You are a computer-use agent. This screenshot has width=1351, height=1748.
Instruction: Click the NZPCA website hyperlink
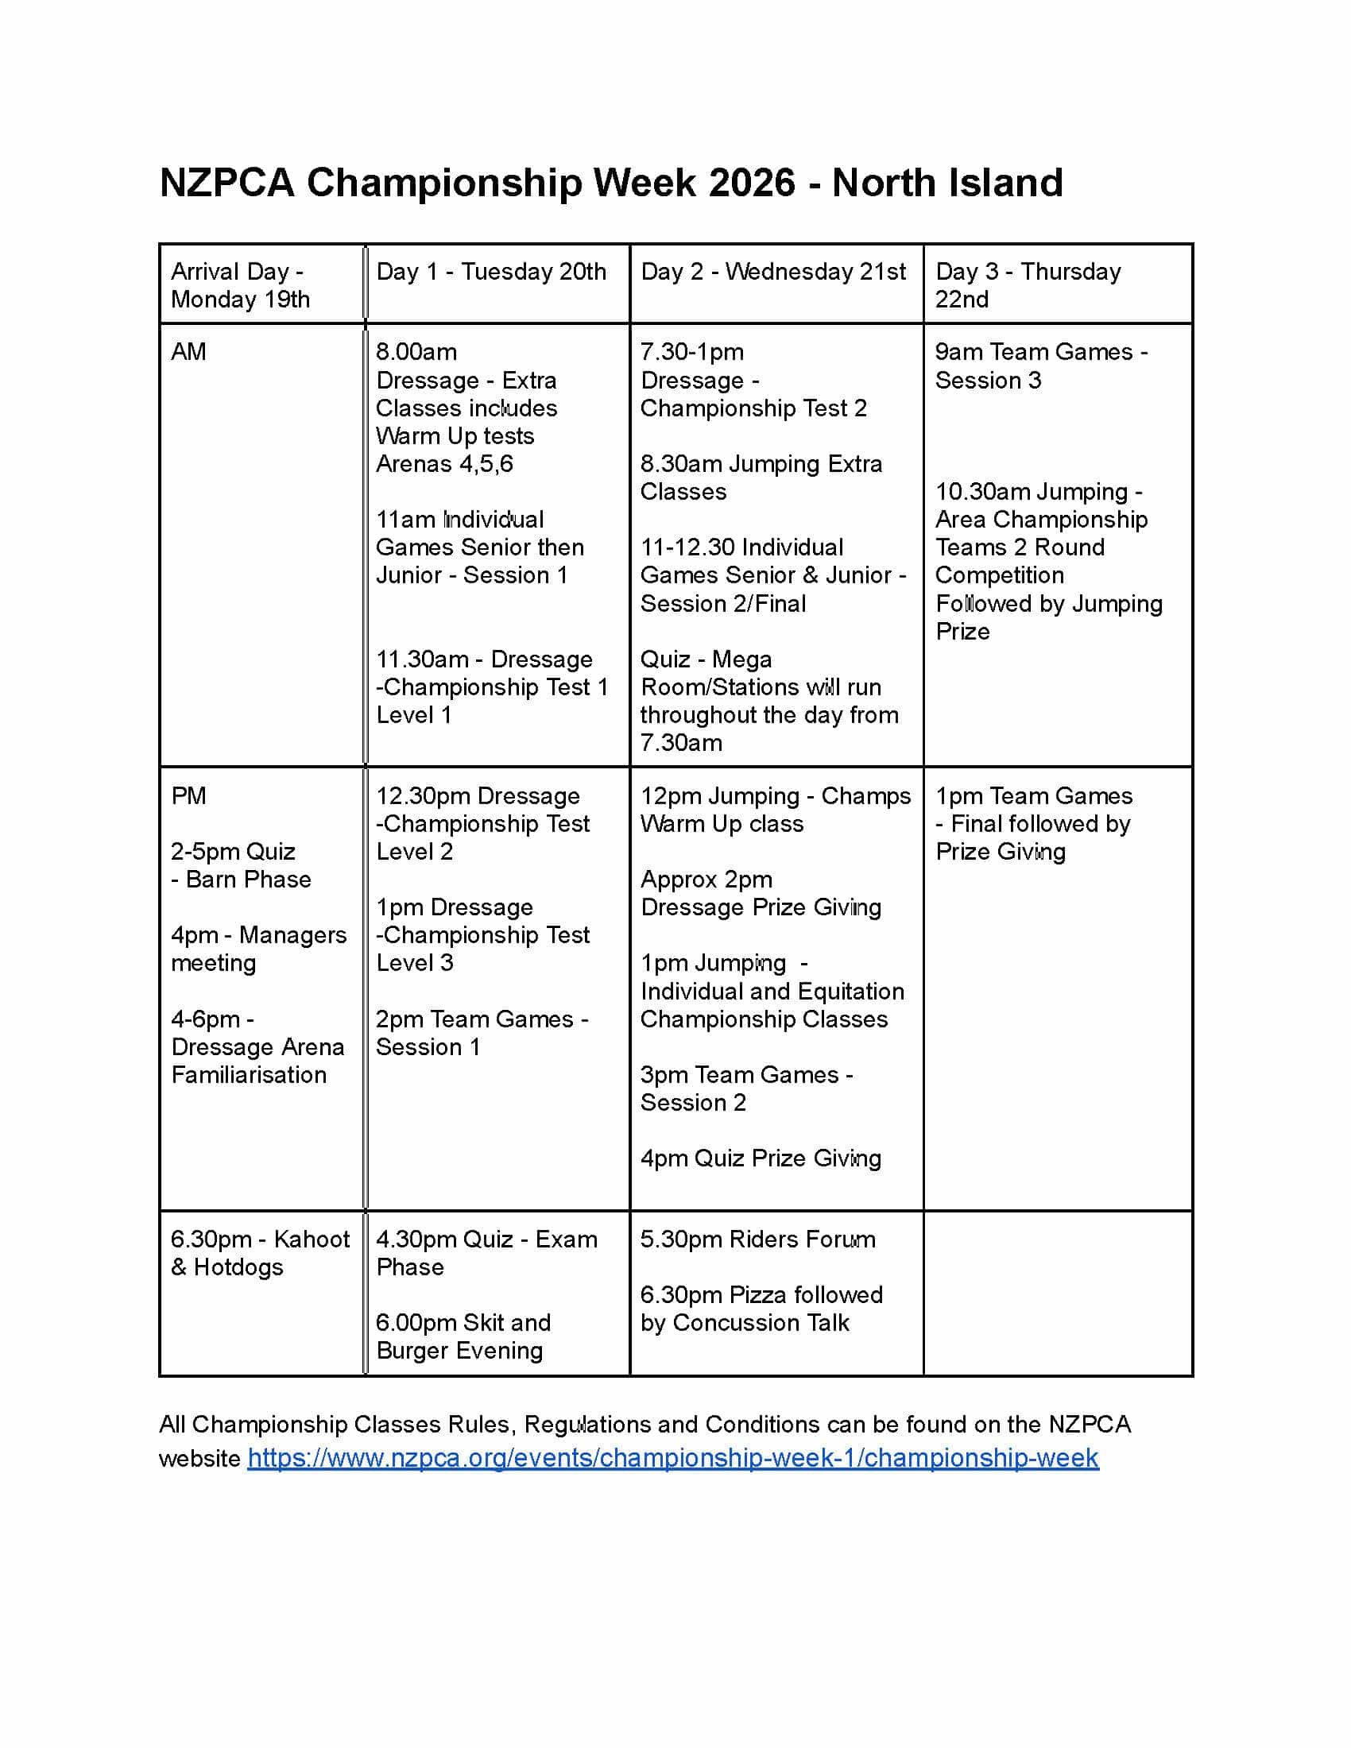(x=672, y=1458)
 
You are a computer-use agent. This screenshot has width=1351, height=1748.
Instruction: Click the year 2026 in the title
(x=752, y=183)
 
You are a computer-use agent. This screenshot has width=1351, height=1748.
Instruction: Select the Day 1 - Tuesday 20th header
(x=490, y=272)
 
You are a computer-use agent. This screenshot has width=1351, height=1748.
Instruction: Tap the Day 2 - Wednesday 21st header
(x=772, y=272)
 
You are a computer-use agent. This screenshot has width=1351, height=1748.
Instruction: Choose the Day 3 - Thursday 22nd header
(x=1028, y=285)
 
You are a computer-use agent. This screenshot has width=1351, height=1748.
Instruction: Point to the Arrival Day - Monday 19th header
(x=239, y=285)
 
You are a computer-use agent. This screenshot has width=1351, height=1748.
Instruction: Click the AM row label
(x=189, y=352)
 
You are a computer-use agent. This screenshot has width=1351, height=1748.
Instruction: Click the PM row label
(x=189, y=796)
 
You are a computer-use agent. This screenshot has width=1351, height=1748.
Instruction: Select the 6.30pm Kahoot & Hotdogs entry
(x=259, y=1253)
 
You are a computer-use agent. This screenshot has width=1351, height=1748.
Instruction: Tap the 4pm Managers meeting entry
(x=257, y=949)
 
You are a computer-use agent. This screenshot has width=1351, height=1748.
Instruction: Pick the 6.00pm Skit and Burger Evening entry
(x=463, y=1336)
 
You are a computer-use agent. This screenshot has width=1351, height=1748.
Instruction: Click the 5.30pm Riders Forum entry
(x=757, y=1239)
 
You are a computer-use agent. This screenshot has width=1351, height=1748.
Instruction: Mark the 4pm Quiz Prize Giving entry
(x=761, y=1158)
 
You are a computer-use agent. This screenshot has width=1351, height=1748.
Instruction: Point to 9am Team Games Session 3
(x=1040, y=365)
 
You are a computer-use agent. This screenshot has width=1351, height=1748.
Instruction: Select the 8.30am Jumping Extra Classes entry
(x=761, y=478)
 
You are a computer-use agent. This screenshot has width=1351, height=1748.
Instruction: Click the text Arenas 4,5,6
(x=444, y=464)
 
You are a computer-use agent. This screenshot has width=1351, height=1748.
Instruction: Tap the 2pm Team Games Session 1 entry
(x=481, y=1032)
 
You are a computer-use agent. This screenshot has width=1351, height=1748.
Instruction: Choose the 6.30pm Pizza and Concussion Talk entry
(x=761, y=1309)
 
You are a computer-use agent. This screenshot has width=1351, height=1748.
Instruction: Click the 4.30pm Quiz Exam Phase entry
(x=486, y=1253)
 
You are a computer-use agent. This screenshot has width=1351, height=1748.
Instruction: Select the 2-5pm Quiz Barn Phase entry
(x=240, y=865)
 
